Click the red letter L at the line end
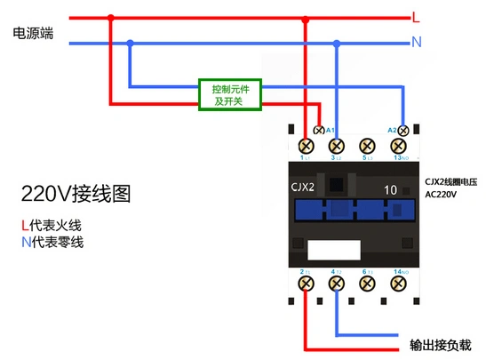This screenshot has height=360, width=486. tap(416, 17)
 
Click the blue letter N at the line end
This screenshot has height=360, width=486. tap(416, 42)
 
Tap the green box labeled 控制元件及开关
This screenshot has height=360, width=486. tap(229, 95)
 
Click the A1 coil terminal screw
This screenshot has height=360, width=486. tap(319, 131)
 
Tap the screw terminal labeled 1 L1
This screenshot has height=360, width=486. tap(307, 146)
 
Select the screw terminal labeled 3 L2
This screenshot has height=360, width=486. tap(336, 146)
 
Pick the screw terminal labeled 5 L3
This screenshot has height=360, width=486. tap(365, 146)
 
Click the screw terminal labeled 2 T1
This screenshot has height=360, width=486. tap(307, 283)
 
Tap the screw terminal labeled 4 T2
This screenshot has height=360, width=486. tap(336, 283)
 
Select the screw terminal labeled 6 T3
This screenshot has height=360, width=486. tap(365, 283)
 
